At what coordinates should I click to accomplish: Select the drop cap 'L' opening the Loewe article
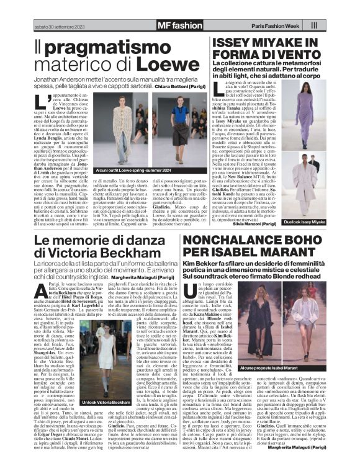click(39, 104)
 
